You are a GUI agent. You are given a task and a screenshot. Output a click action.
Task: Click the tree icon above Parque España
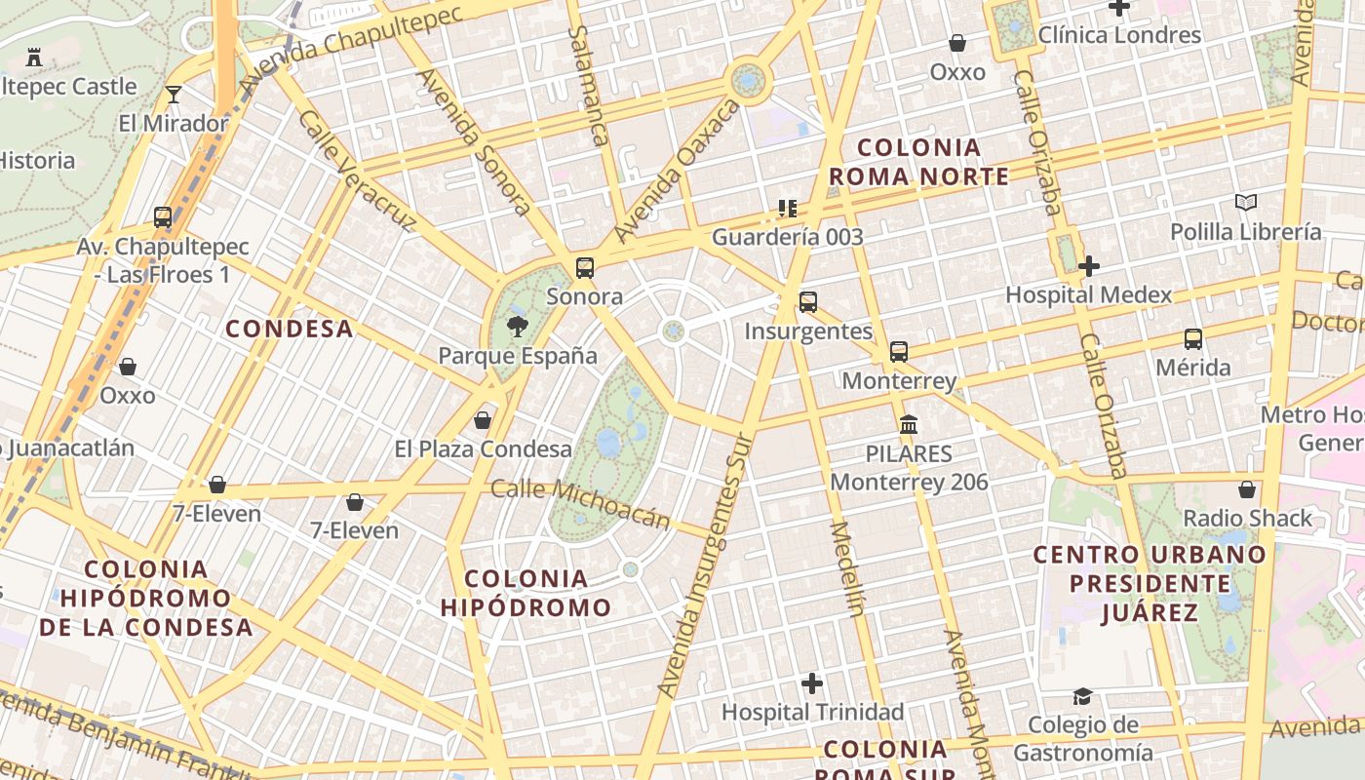pos(518,326)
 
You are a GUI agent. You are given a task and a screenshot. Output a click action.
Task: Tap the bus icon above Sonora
pos(585,267)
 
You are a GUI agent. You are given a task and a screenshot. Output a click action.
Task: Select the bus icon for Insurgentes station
pos(808,302)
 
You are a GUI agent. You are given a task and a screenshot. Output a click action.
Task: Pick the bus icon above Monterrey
pos(899,352)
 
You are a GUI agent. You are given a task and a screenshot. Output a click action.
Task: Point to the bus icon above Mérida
pos(1193,339)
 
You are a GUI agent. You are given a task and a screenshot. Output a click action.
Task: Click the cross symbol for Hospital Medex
pos(1089,265)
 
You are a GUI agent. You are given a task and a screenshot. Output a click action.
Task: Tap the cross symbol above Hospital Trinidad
pos(812,683)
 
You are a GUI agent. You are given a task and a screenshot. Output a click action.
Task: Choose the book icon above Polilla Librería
pos(1246,203)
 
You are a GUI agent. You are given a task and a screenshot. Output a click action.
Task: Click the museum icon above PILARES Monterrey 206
pos(909,425)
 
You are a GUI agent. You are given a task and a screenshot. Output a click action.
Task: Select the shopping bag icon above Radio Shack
pos(1247,489)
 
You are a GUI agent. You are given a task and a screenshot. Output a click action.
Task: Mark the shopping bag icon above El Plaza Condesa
pos(483,420)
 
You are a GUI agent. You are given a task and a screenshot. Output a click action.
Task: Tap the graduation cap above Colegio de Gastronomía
pos(1082,696)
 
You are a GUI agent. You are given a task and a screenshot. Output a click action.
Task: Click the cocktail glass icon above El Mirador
pos(174,95)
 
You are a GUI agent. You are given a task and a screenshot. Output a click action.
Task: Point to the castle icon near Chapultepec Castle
pos(34,58)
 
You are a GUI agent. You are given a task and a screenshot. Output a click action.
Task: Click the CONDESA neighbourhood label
pos(290,329)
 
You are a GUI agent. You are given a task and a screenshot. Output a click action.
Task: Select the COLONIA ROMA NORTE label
pos(918,162)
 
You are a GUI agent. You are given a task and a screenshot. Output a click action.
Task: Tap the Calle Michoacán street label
pos(581,503)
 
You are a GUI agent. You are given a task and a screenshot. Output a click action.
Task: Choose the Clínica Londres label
pos(1119,36)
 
